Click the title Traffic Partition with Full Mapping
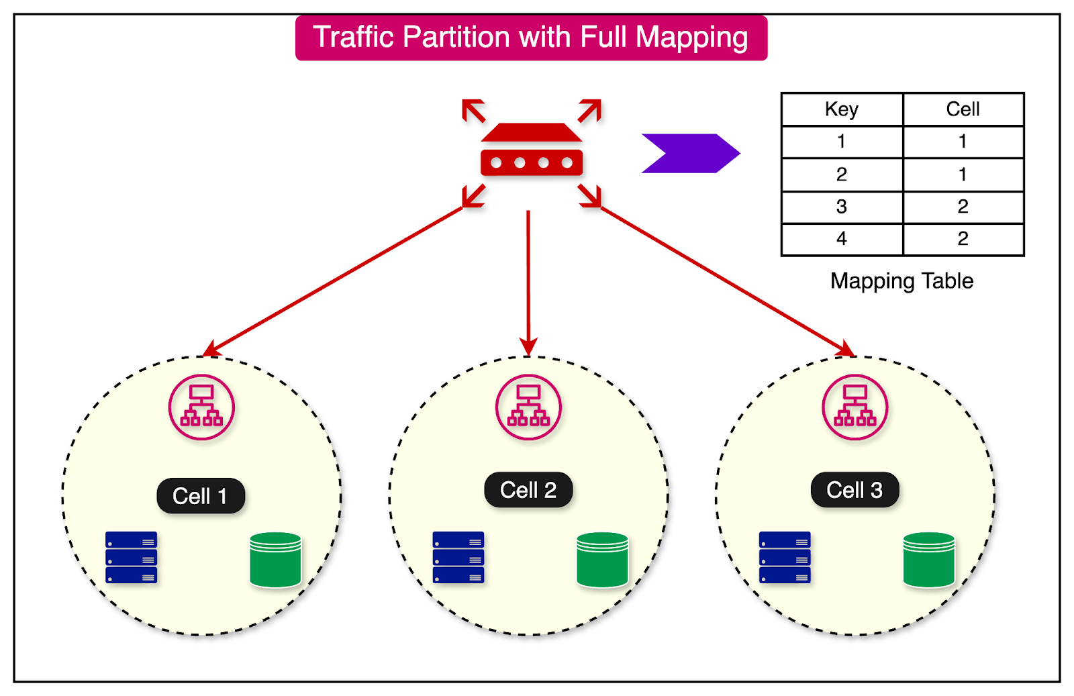[530, 38]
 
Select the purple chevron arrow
[690, 154]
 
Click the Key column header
[842, 109]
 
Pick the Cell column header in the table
[963, 109]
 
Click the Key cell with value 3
[842, 207]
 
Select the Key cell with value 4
[842, 239]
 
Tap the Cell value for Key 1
[963, 142]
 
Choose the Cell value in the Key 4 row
[963, 239]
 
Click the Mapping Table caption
[901, 281]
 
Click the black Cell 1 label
[200, 496]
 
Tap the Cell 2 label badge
[528, 490]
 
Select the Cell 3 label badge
[855, 490]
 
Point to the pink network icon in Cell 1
[201, 407]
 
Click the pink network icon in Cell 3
[855, 407]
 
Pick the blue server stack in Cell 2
[458, 557]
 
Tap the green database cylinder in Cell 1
[275, 559]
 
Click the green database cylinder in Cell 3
[929, 559]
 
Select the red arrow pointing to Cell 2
[528, 282]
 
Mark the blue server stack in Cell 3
[785, 557]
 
